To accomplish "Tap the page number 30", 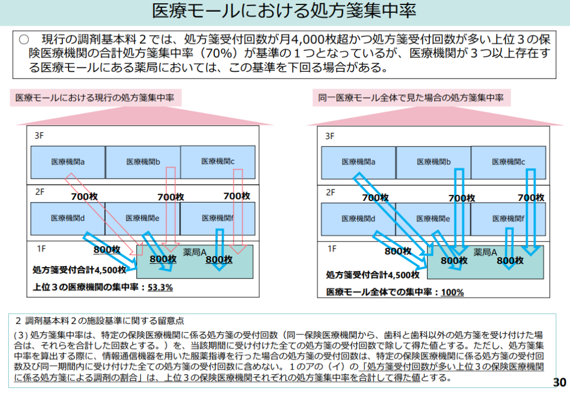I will [x=559, y=382].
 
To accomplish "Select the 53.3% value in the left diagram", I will [x=160, y=287].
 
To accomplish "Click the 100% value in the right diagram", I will [x=452, y=292].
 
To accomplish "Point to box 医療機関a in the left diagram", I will [x=68, y=162].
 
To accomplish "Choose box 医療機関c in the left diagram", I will [x=218, y=161].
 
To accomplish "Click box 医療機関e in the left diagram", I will [x=142, y=218].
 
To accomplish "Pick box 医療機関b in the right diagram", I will [x=434, y=162].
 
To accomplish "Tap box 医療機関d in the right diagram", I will [x=358, y=219].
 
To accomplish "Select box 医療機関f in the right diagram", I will [x=508, y=219].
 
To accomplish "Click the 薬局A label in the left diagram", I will [x=195, y=252].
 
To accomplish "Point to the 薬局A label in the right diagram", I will [x=485, y=252].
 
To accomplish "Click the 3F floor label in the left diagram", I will [x=39, y=135].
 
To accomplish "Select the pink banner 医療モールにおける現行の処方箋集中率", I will [x=95, y=97].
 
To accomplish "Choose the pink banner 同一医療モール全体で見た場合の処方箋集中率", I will [x=411, y=97].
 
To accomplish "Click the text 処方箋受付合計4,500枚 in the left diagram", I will [x=80, y=270].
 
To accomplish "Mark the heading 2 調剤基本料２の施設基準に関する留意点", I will [x=100, y=321].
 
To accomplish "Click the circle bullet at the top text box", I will [x=23, y=40].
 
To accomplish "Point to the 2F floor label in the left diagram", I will [x=40, y=192].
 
